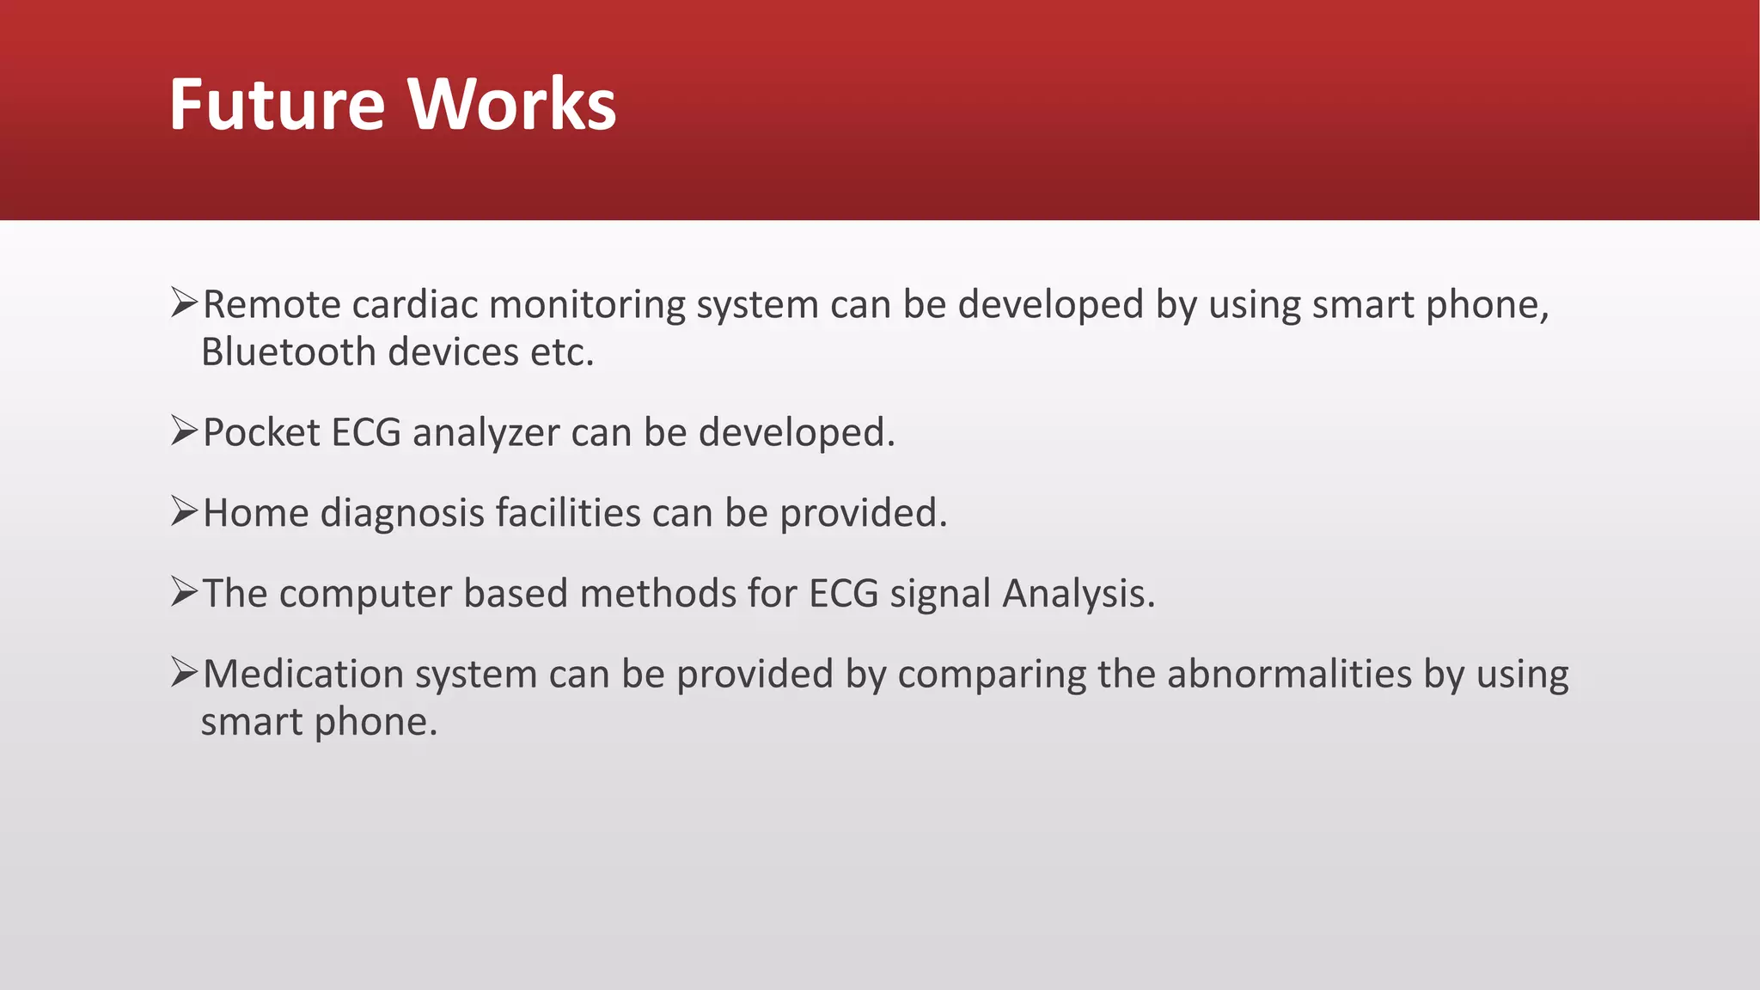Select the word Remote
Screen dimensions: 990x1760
(x=272, y=305)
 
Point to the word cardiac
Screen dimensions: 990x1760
(x=414, y=305)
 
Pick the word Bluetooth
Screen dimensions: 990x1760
(x=289, y=352)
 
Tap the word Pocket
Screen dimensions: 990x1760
(x=261, y=432)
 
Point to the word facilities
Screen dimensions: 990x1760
(x=568, y=513)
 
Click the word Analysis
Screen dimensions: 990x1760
(x=1079, y=595)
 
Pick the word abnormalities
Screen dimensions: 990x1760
(x=1289, y=674)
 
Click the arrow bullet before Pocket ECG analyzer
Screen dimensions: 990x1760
(x=184, y=431)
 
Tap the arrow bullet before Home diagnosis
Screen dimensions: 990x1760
(x=184, y=511)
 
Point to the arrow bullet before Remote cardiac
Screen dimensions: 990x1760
(x=184, y=302)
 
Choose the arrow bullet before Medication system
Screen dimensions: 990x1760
(x=184, y=672)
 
